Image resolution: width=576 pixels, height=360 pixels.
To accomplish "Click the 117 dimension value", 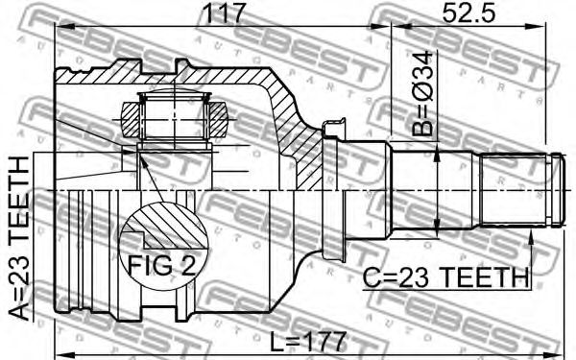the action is coord(224,12).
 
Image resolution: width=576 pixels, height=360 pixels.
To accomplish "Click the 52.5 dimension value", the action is coord(468,12).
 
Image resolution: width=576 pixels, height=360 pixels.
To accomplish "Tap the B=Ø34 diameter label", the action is coord(422,93).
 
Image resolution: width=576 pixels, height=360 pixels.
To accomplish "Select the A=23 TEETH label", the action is coord(18,238).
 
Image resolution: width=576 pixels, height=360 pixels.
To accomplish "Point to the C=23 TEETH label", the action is coord(445,278).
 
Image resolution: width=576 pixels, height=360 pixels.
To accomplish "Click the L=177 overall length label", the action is coord(308,341).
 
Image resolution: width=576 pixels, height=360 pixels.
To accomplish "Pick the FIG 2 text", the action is coord(161,265).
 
